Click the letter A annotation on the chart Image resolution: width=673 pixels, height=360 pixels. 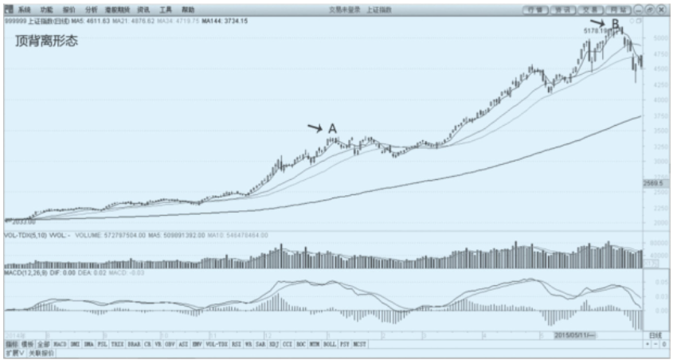click(332, 128)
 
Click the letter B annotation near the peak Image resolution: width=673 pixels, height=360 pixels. click(616, 23)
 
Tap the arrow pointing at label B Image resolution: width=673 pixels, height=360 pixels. click(598, 22)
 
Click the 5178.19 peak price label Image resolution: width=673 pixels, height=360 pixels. click(595, 31)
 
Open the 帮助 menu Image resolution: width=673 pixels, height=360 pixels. click(188, 10)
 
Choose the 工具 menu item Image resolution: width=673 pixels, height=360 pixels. click(166, 10)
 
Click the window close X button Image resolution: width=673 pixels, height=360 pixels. click(662, 10)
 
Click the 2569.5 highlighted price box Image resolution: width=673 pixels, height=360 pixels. click(653, 184)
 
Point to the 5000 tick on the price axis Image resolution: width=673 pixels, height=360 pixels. click(659, 37)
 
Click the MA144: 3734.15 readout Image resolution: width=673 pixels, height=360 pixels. click(225, 20)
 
